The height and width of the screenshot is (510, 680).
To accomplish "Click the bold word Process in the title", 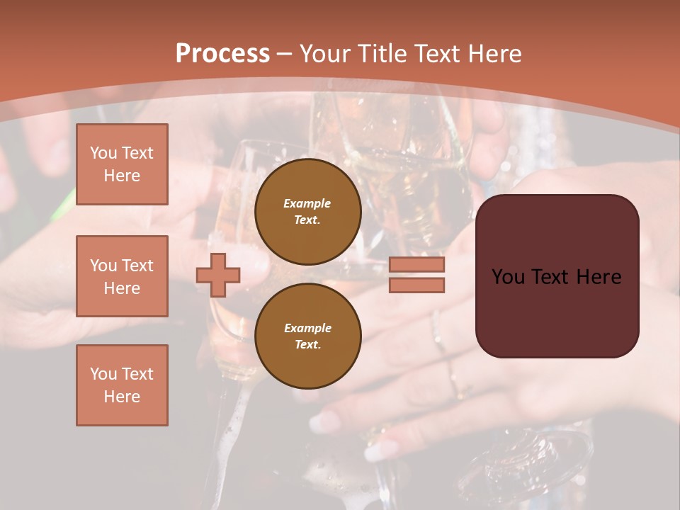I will click(222, 54).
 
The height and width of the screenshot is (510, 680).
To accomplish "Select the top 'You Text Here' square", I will click(122, 164).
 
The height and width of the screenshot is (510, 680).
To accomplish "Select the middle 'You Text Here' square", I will click(122, 276).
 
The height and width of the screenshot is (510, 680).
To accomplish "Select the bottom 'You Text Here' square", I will click(122, 385).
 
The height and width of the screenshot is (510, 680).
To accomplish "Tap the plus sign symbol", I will click(218, 275).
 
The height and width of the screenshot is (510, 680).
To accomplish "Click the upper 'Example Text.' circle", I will click(307, 212).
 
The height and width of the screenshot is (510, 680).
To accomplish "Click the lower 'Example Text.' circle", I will click(307, 336).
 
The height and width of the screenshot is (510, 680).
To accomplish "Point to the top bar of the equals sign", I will click(416, 265).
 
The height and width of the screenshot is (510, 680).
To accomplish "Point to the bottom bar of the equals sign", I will click(416, 285).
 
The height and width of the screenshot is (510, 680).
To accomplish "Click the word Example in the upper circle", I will click(307, 204).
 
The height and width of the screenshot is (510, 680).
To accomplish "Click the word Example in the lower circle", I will click(307, 328).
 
